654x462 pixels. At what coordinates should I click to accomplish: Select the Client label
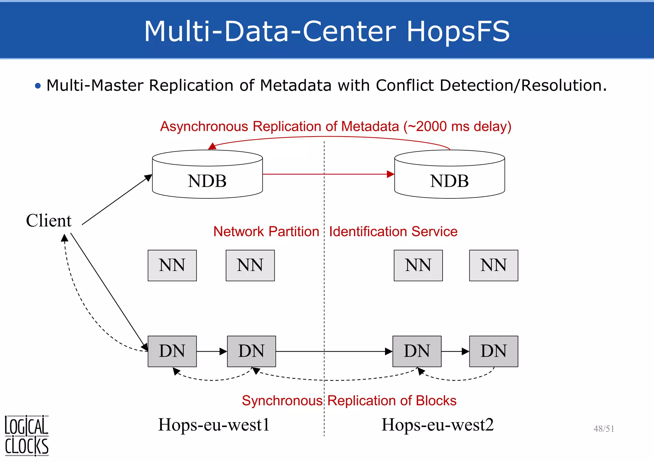coord(49,220)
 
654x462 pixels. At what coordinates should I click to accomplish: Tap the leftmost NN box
coord(172,265)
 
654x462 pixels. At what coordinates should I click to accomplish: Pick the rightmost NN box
coord(493,265)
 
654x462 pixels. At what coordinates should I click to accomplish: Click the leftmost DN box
coord(172,351)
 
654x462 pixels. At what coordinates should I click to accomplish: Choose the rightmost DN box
coord(493,351)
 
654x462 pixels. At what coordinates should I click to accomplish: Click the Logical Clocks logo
coord(27,436)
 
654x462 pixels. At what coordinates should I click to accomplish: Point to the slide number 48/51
coord(604,428)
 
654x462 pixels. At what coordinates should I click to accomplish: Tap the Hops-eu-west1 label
coord(214,425)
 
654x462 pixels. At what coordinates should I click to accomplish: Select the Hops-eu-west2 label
coord(437,425)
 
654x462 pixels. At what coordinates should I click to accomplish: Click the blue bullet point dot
coord(38,86)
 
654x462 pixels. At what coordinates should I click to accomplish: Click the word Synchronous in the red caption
coord(282,401)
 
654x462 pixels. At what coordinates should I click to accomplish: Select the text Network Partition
coord(266,232)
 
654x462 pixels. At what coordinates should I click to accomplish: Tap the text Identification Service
coord(393,232)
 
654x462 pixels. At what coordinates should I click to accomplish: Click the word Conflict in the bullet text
coord(405,86)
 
